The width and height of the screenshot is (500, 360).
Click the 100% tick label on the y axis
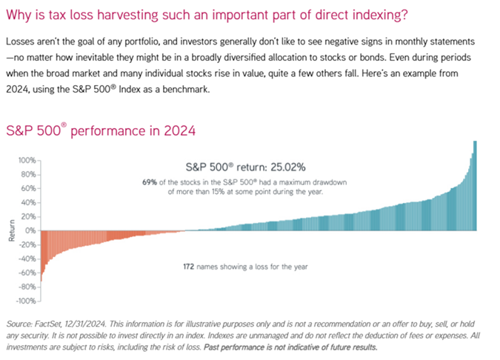27,160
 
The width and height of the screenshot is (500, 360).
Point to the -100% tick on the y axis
26,301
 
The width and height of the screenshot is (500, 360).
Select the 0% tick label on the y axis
30,230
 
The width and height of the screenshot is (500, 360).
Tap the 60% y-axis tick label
28,188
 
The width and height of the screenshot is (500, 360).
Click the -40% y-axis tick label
27,259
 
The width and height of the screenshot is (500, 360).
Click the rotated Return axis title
11,230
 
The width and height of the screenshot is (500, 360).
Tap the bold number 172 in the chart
190,266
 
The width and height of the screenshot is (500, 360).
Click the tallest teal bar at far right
474,185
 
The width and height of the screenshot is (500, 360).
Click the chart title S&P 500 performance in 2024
100,131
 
